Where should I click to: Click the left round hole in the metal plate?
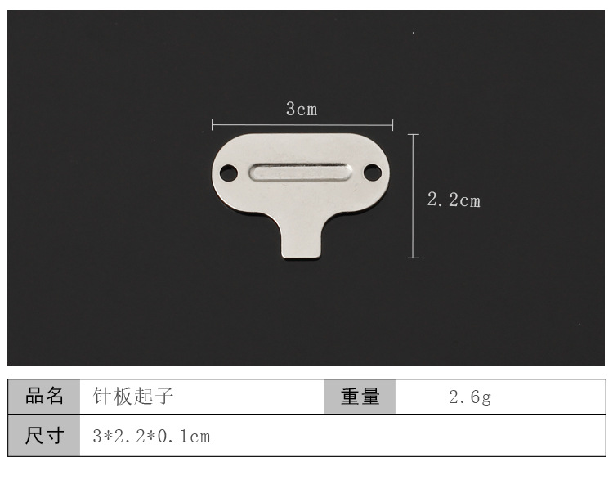click(229, 173)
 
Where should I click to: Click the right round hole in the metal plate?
click(372, 173)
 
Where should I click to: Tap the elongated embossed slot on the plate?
click(300, 172)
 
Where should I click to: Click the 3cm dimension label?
click(302, 109)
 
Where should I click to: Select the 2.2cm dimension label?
click(454, 200)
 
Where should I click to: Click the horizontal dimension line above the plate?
click(302, 125)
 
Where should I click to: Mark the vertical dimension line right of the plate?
click(414, 196)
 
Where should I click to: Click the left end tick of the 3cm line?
click(212, 125)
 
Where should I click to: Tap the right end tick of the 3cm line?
click(392, 126)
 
